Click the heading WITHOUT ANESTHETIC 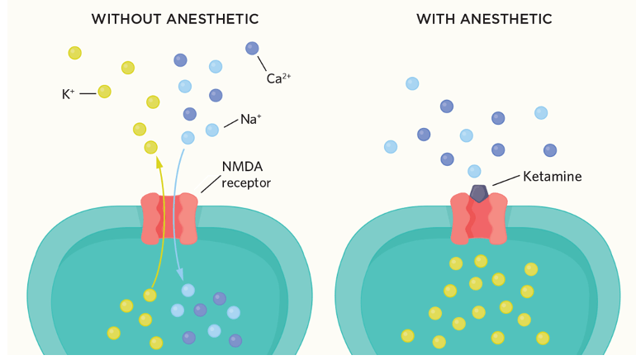point(174,19)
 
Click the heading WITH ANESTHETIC point(483,19)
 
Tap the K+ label point(69,94)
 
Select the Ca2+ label point(278,79)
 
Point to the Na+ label point(250,120)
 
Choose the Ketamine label point(551,177)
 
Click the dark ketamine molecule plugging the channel point(479,193)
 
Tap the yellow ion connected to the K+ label point(105,91)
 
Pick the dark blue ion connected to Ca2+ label point(252,49)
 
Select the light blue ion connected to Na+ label point(212,130)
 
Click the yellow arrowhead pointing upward point(158,161)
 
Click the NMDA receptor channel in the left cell point(169,219)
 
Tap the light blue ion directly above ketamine point(474,171)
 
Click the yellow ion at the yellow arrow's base point(150,295)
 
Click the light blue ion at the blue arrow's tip point(188,290)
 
